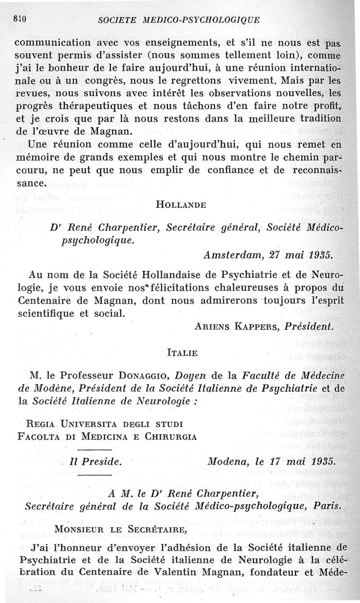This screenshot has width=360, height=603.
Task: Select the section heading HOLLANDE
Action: coord(180,205)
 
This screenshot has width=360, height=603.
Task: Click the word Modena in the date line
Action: coord(230,462)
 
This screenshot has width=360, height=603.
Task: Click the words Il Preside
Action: coord(95,463)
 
